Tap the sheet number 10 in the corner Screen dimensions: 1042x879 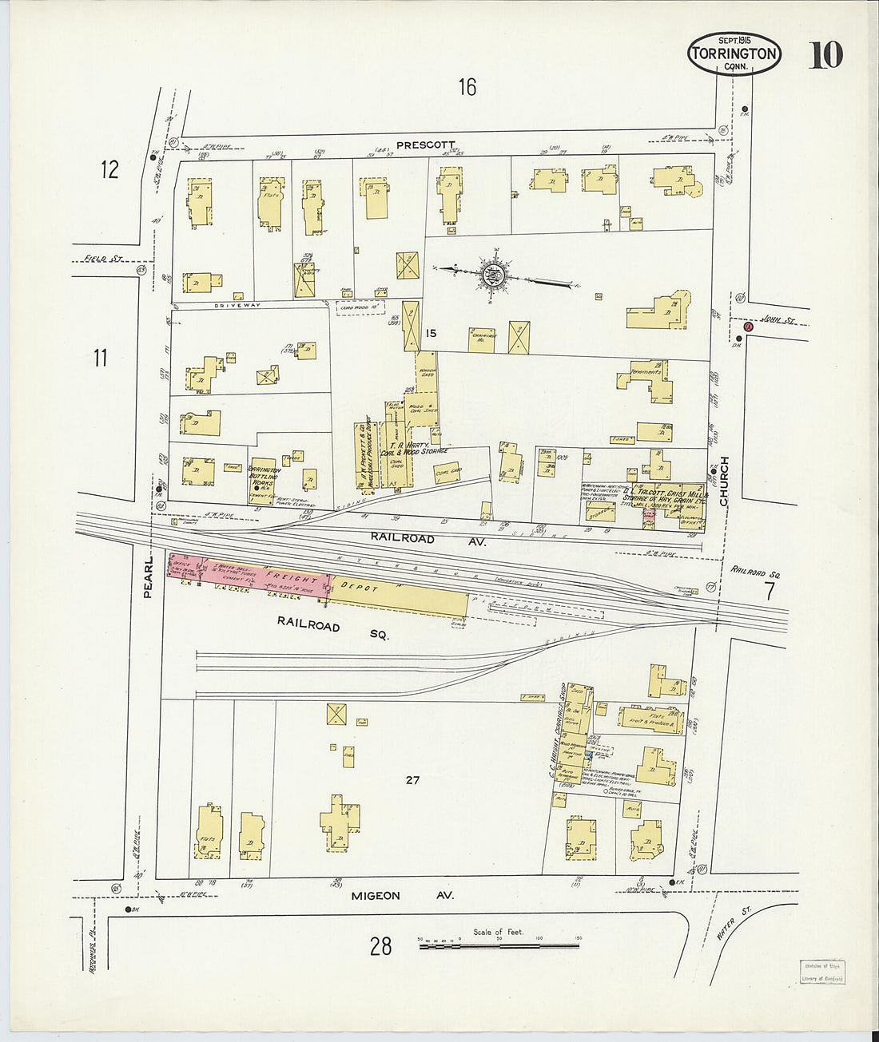[825, 55]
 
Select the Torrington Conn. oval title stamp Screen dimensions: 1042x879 [734, 54]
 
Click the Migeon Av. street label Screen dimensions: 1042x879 [402, 896]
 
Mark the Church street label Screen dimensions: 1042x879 [724, 481]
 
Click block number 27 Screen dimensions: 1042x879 [412, 780]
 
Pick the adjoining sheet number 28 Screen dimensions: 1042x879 [380, 946]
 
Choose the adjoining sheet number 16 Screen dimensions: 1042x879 [467, 87]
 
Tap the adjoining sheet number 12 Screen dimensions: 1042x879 [109, 169]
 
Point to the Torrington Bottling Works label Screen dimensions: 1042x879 [263, 476]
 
